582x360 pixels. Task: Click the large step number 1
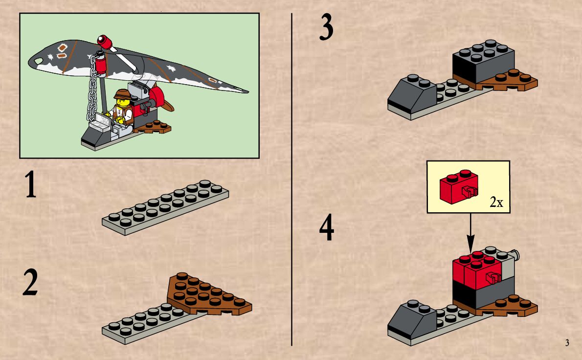30,184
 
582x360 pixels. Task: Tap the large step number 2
30,282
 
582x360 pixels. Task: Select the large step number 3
326,27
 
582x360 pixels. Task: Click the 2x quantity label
496,202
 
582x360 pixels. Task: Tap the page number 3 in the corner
567,342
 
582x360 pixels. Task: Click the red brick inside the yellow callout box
459,187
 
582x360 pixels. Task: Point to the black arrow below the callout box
470,233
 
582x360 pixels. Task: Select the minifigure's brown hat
122,93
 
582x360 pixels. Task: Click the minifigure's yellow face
122,102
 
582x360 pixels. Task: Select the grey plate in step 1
165,207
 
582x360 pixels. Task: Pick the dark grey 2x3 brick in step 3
483,62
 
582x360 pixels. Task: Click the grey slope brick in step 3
411,94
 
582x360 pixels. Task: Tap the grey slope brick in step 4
411,320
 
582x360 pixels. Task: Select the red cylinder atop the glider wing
105,42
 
